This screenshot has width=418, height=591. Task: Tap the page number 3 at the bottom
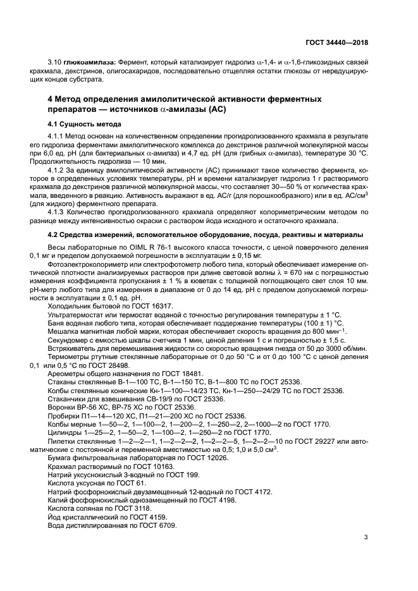pyautogui.click(x=366, y=538)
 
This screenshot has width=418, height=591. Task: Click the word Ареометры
pyautogui.click(x=66, y=374)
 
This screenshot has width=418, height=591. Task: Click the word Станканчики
pyautogui.click(x=70, y=399)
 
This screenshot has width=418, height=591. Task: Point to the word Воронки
pyautogui.click(x=63, y=408)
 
